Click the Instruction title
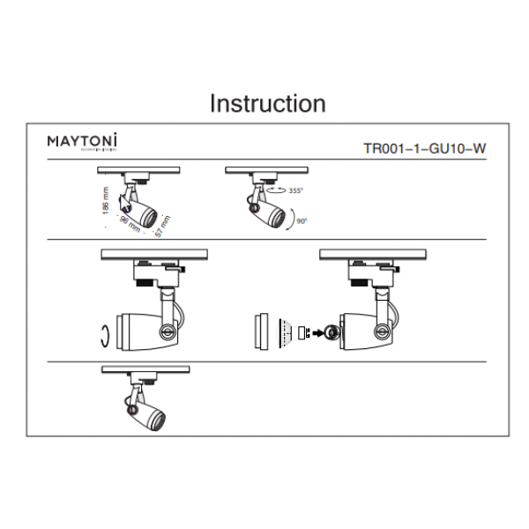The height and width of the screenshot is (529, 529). click(267, 103)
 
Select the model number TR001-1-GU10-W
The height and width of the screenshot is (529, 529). click(424, 148)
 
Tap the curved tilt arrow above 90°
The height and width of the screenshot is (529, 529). click(293, 210)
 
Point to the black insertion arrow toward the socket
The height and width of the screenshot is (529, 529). click(313, 332)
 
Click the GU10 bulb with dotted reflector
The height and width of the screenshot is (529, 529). click(283, 332)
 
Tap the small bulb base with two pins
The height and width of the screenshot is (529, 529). click(300, 332)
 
